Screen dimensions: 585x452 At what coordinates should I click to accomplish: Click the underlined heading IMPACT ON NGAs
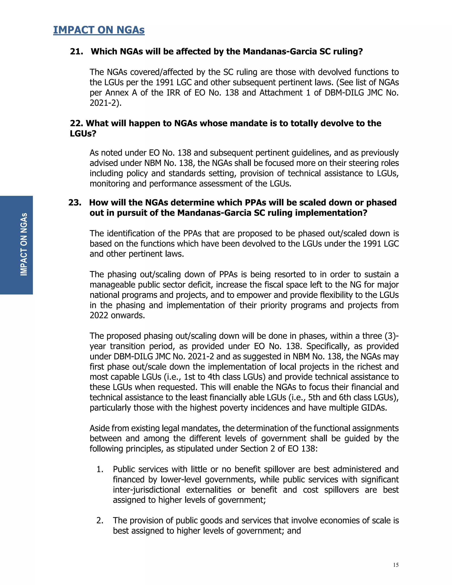coord(99,30)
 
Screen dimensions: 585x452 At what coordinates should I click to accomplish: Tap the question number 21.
coord(76,51)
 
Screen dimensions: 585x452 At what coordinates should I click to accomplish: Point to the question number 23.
coord(75,202)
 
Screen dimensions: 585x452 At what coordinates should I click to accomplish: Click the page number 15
coord(395,565)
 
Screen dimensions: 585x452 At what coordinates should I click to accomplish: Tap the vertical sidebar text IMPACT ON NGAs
coord(24,244)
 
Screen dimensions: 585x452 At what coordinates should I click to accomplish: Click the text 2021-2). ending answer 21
coord(105,103)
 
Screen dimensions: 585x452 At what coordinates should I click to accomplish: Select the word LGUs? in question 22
coord(83,133)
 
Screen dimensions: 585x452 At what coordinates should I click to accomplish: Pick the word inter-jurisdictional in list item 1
coord(146,490)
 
